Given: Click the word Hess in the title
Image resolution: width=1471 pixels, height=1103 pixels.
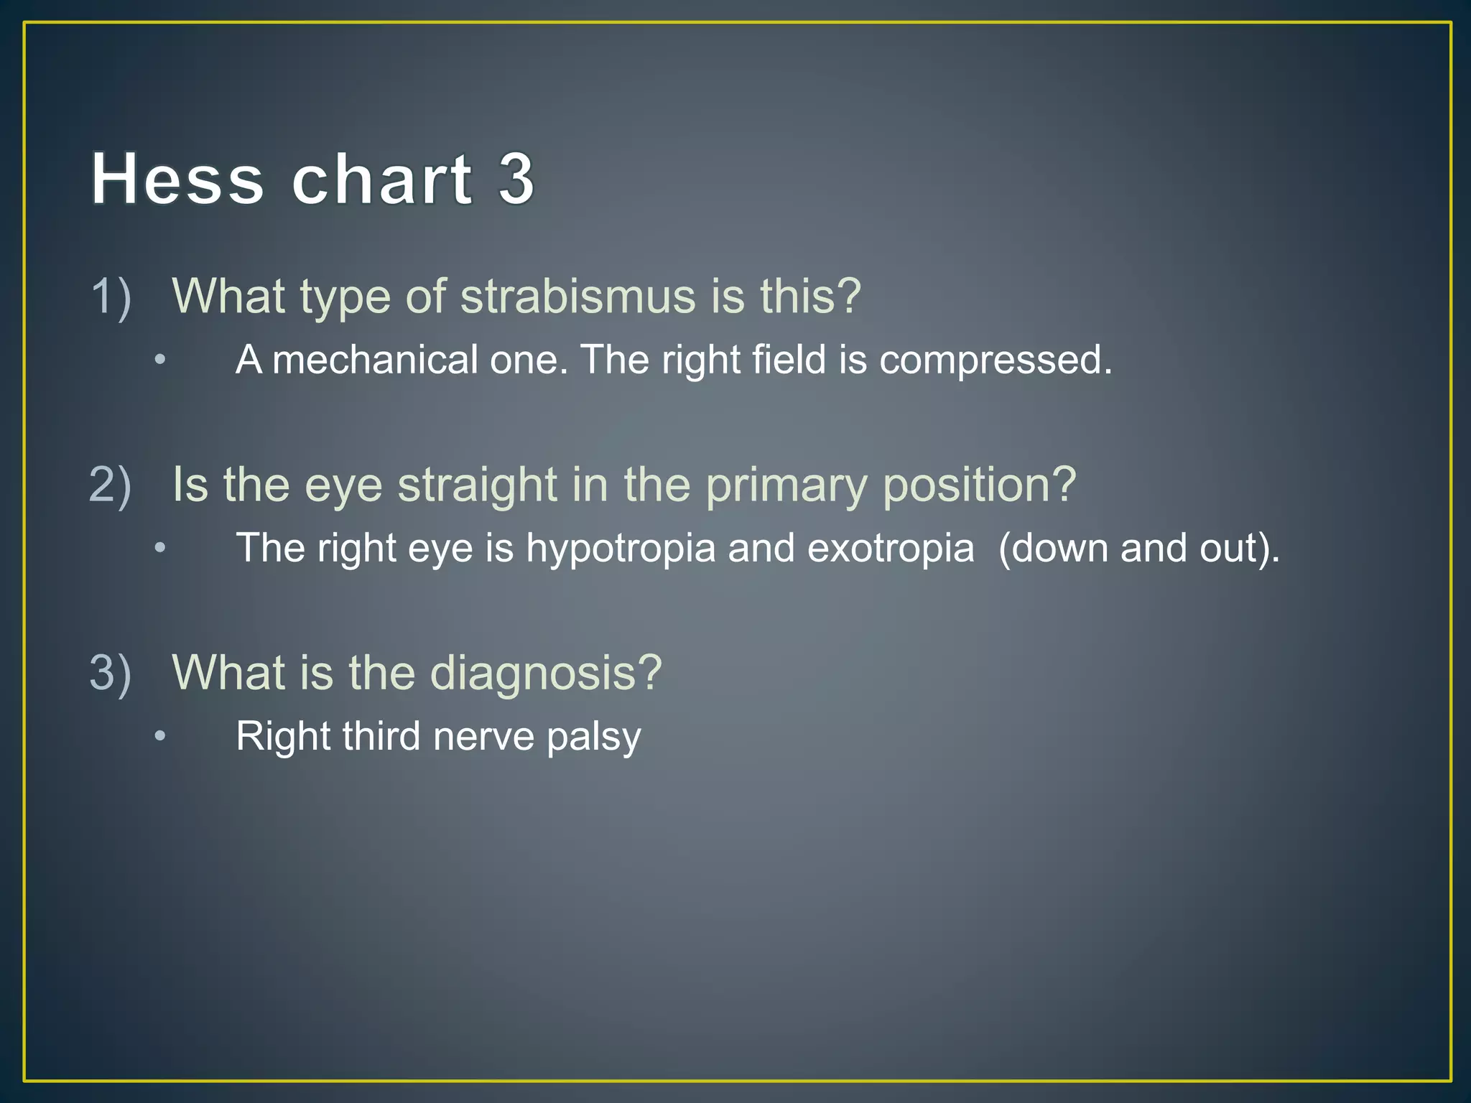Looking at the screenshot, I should click(x=177, y=179).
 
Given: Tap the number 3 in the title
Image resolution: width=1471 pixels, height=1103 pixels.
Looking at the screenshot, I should click(x=516, y=179).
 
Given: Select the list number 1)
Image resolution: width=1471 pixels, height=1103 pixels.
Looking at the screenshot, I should click(x=111, y=297).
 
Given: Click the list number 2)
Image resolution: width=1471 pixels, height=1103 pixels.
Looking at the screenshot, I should click(x=111, y=485).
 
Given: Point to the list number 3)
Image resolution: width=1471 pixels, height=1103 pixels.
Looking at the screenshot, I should click(x=111, y=673).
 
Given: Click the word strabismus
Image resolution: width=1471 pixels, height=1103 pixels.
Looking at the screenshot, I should click(x=577, y=297).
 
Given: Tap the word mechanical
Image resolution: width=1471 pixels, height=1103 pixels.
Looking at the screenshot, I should click(x=375, y=360).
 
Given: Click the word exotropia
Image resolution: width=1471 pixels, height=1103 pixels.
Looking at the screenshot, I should click(x=891, y=548).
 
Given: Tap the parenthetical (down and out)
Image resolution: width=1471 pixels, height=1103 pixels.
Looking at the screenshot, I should click(x=1138, y=549).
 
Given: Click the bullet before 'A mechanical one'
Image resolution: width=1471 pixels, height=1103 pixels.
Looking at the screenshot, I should click(x=160, y=359).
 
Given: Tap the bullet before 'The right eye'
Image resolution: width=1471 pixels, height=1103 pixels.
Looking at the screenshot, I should click(x=160, y=548).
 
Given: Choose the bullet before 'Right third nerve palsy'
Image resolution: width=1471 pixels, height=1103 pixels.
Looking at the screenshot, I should click(x=160, y=736).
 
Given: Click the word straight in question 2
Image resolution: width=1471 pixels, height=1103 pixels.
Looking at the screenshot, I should click(x=477, y=486).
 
